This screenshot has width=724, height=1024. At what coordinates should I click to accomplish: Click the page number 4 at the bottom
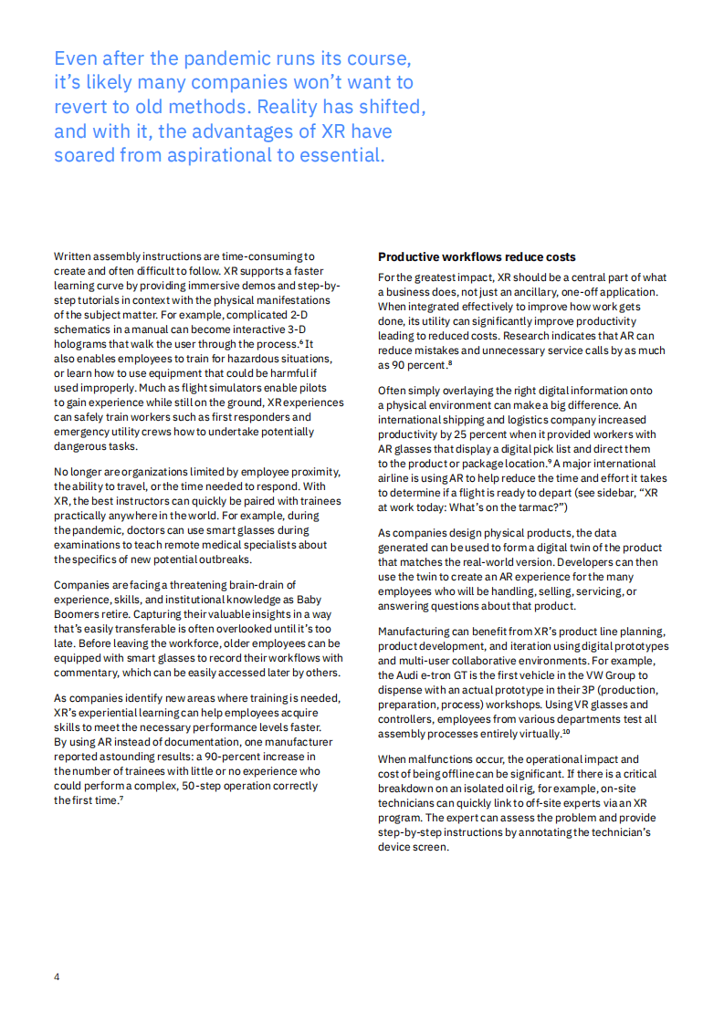57,977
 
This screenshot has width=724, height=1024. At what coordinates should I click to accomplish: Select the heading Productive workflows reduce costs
477,256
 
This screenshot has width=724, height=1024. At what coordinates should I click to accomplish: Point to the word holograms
79,344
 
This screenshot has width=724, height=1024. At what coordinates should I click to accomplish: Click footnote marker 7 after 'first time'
121,799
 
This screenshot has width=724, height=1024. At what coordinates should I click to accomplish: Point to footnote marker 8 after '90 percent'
449,363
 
